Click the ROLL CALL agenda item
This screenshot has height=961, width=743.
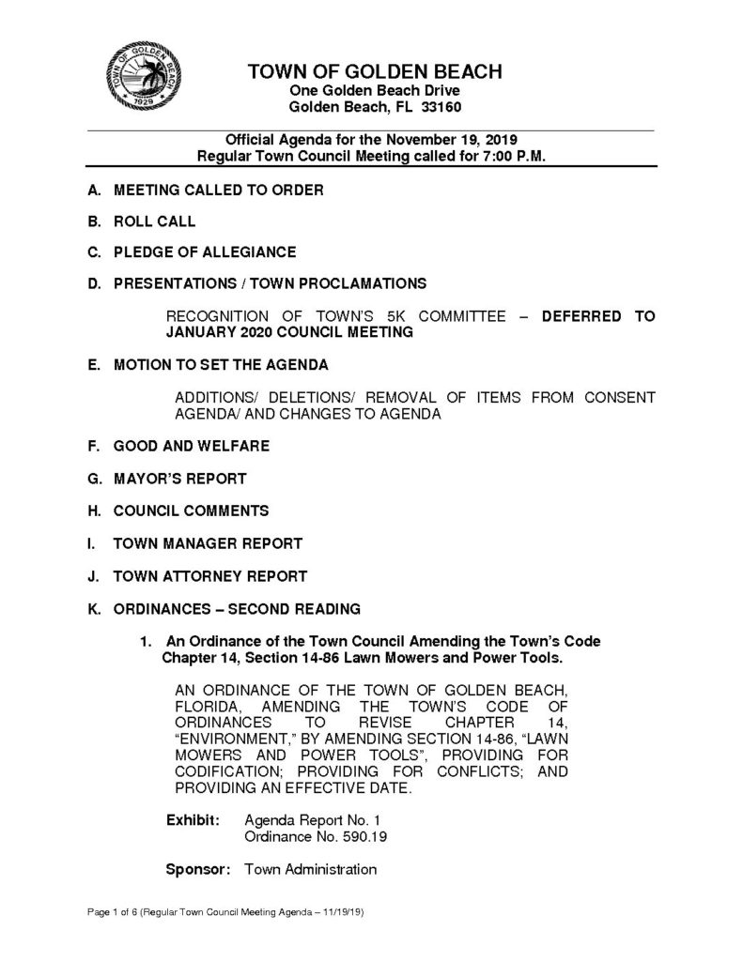point(154,221)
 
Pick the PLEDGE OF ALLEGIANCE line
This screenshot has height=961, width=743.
point(205,252)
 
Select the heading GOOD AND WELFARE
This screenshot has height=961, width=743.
point(192,446)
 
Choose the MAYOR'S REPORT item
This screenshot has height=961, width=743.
point(179,479)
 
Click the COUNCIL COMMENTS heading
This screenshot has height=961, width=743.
point(191,511)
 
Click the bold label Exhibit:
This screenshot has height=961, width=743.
point(193,819)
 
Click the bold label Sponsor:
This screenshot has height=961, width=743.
point(197,869)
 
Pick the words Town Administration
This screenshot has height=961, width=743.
point(310,869)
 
